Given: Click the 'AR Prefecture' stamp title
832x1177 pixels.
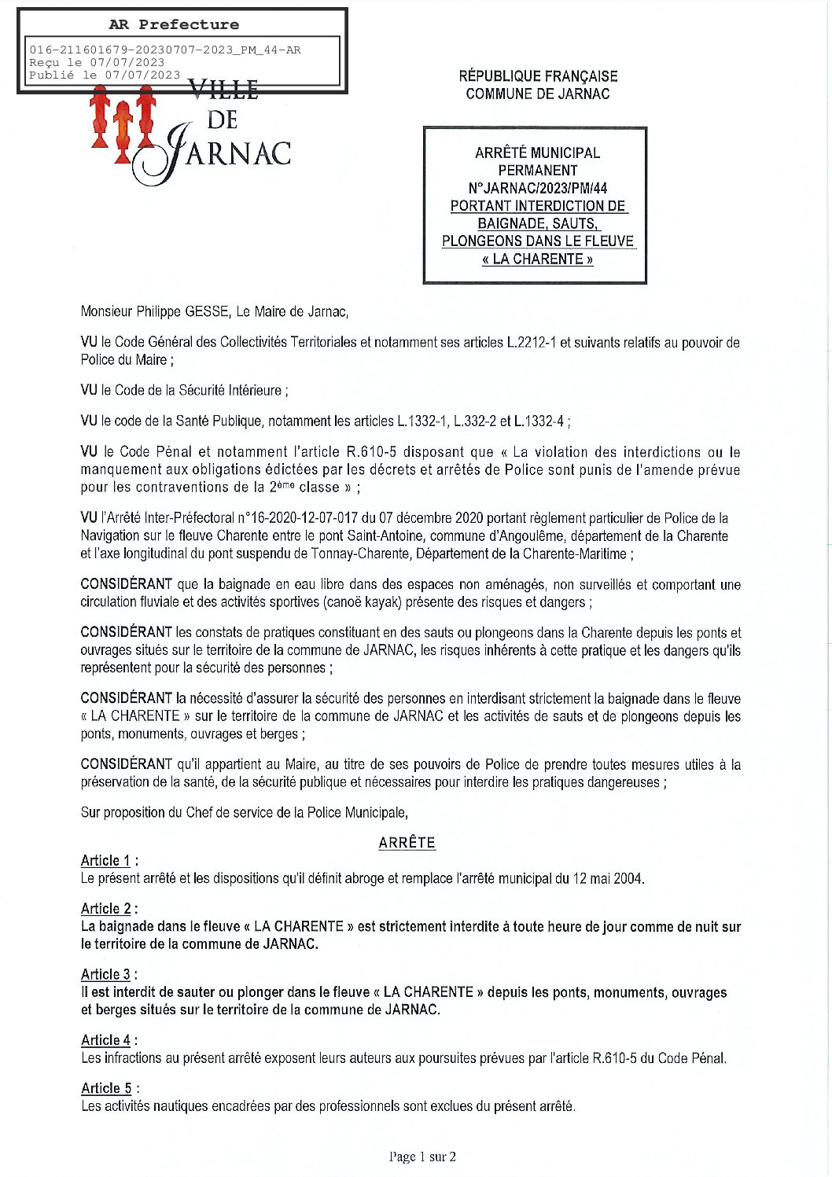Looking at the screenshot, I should point(174,24).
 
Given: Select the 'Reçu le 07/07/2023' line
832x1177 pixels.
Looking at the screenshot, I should point(97,62).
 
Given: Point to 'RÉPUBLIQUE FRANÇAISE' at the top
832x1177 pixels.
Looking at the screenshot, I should point(538,76).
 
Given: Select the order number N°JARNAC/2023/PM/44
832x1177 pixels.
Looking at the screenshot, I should point(537,188).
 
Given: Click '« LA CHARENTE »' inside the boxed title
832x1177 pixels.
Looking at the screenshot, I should point(537,259).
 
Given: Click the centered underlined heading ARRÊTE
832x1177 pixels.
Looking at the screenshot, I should point(407,842).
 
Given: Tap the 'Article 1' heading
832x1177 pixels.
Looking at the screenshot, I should point(106,860).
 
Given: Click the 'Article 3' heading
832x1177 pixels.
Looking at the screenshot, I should point(106,974).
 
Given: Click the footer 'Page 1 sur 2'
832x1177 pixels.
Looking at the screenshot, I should point(422,1156).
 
